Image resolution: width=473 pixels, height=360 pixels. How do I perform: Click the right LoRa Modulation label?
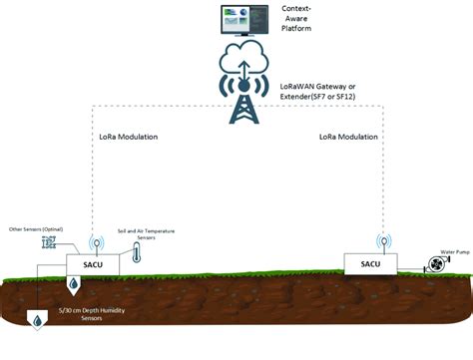point(349,135)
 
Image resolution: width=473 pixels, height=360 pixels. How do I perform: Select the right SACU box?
point(370,262)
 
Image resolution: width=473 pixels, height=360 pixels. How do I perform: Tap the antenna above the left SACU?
point(98,242)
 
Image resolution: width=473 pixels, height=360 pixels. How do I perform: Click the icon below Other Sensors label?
point(49,243)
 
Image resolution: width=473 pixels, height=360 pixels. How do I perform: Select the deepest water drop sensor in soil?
point(36,321)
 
